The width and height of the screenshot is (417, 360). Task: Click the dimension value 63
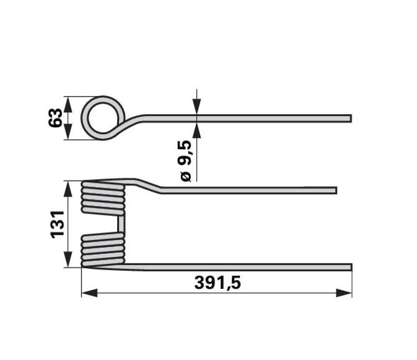click(x=55, y=118)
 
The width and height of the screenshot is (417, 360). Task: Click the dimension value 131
click(x=57, y=225)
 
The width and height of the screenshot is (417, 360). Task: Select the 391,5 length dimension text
click(x=218, y=283)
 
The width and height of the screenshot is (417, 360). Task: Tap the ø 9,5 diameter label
click(x=185, y=161)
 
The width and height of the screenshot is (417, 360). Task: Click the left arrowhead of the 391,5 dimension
click(x=89, y=293)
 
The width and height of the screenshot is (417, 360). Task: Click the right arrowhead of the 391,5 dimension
click(x=344, y=293)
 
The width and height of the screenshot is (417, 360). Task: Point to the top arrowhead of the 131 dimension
click(x=68, y=189)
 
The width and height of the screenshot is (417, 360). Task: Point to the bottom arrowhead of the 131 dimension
click(x=68, y=260)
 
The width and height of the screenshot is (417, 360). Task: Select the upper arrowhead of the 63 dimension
click(x=68, y=104)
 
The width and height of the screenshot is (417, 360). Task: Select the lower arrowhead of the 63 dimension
click(x=68, y=132)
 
